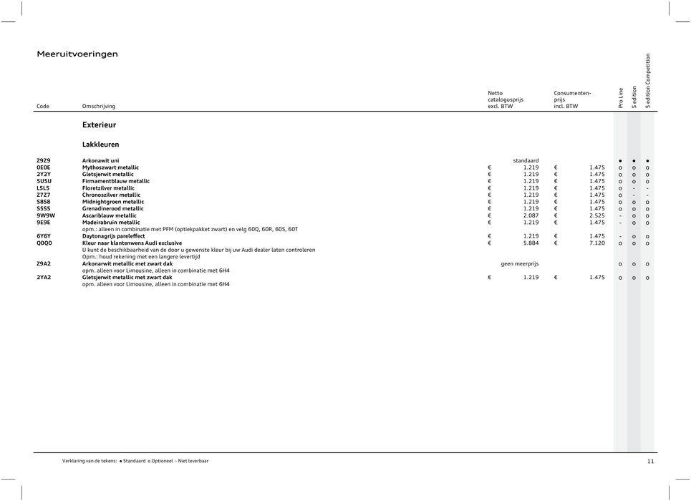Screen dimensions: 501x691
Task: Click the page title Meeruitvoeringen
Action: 77,54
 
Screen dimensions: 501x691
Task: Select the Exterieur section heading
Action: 99,125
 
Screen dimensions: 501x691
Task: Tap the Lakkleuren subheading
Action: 100,144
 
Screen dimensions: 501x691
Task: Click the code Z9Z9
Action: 44,160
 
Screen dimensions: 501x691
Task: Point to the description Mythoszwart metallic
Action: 110,167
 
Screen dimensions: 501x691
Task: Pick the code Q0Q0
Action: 44,243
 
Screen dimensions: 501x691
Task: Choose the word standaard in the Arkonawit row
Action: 526,160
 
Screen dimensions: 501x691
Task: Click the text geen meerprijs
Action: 520,263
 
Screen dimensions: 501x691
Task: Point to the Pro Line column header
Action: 621,98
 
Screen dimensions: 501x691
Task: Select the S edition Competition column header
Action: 648,81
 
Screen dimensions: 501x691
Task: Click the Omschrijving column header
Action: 99,107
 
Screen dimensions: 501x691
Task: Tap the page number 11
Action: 650,462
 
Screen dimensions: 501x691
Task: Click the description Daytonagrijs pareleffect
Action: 114,235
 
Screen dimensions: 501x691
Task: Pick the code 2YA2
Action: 44,277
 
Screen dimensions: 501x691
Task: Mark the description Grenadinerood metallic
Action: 113,208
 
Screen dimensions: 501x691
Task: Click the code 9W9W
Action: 46,215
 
